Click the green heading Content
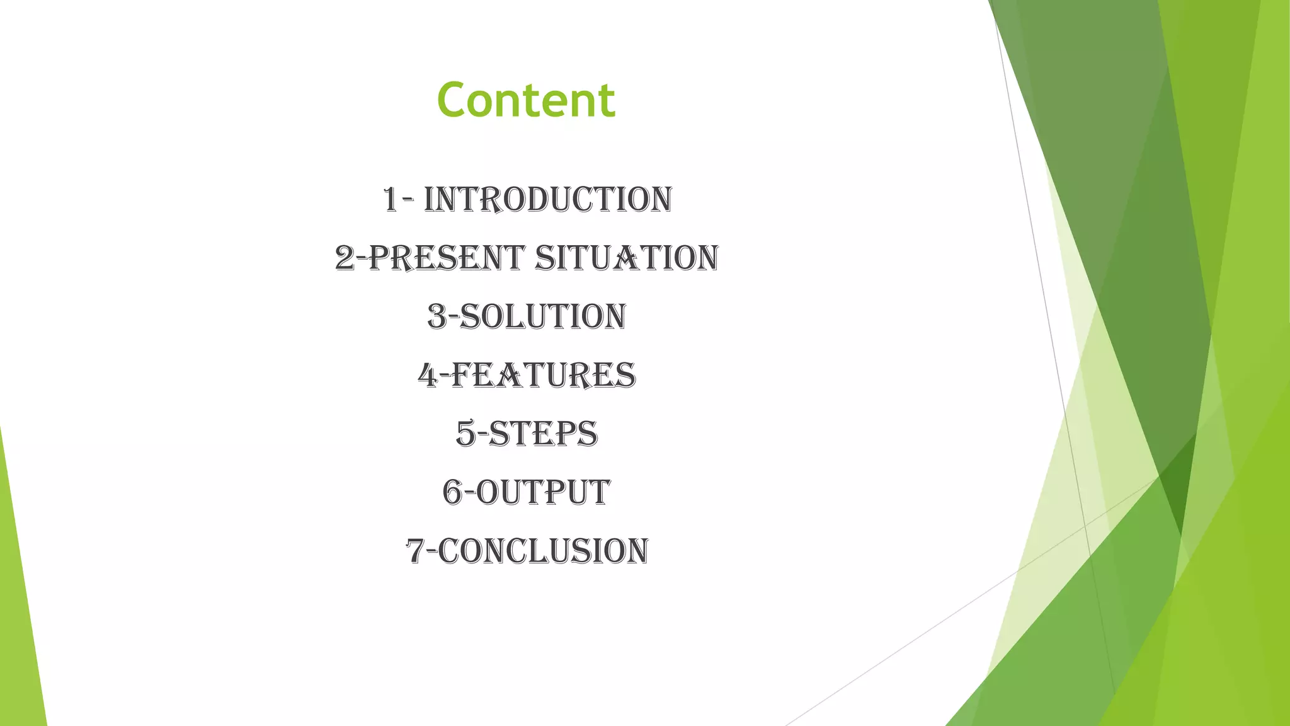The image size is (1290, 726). (x=526, y=100)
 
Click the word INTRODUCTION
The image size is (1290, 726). (x=548, y=200)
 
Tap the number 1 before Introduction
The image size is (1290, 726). (x=390, y=200)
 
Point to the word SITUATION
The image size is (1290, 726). (x=627, y=258)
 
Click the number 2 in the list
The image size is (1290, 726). (x=345, y=258)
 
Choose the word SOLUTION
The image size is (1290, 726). (x=543, y=317)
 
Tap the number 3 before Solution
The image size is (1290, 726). (x=437, y=317)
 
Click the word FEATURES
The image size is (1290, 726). (x=544, y=376)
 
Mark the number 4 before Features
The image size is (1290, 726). (x=428, y=376)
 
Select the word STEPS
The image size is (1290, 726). (x=543, y=434)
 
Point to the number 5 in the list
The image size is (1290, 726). (x=466, y=434)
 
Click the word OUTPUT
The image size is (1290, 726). (x=543, y=493)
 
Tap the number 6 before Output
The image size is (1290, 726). (x=452, y=493)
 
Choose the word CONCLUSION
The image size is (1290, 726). (x=543, y=551)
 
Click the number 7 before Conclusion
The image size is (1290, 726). (x=415, y=551)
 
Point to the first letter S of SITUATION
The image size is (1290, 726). (x=544, y=258)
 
